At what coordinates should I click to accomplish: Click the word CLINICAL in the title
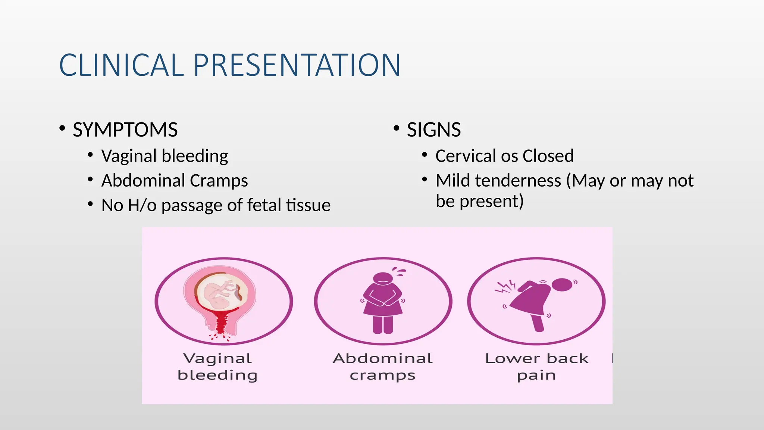(x=121, y=65)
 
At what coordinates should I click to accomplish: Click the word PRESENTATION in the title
(x=297, y=65)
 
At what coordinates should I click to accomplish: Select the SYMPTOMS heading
(x=125, y=130)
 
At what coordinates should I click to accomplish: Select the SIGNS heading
(x=433, y=130)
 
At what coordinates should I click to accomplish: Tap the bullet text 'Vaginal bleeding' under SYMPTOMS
(x=165, y=156)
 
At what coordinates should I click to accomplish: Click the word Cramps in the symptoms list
(x=219, y=181)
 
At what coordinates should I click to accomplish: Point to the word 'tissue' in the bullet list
(x=308, y=205)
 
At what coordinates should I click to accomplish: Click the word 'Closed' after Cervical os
(x=548, y=156)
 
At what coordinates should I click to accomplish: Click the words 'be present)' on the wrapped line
(x=479, y=202)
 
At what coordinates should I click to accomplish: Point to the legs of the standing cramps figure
(x=383, y=324)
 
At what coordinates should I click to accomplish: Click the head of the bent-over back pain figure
(x=561, y=285)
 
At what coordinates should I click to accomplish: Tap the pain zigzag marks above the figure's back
(x=505, y=287)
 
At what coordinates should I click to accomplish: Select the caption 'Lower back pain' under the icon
(x=536, y=367)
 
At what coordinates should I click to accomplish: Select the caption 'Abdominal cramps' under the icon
(x=383, y=367)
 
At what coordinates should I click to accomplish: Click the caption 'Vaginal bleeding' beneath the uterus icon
(x=217, y=367)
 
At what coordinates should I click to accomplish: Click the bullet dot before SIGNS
(x=397, y=128)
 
